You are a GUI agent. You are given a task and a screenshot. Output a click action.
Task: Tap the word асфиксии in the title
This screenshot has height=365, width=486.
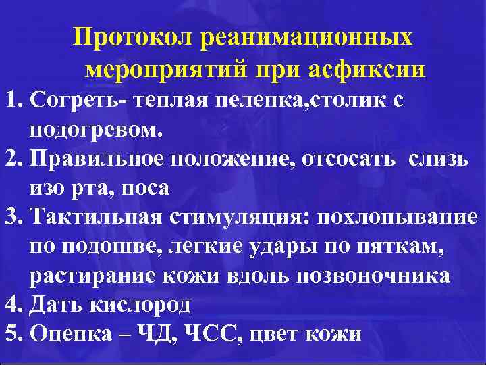tap(367, 69)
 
